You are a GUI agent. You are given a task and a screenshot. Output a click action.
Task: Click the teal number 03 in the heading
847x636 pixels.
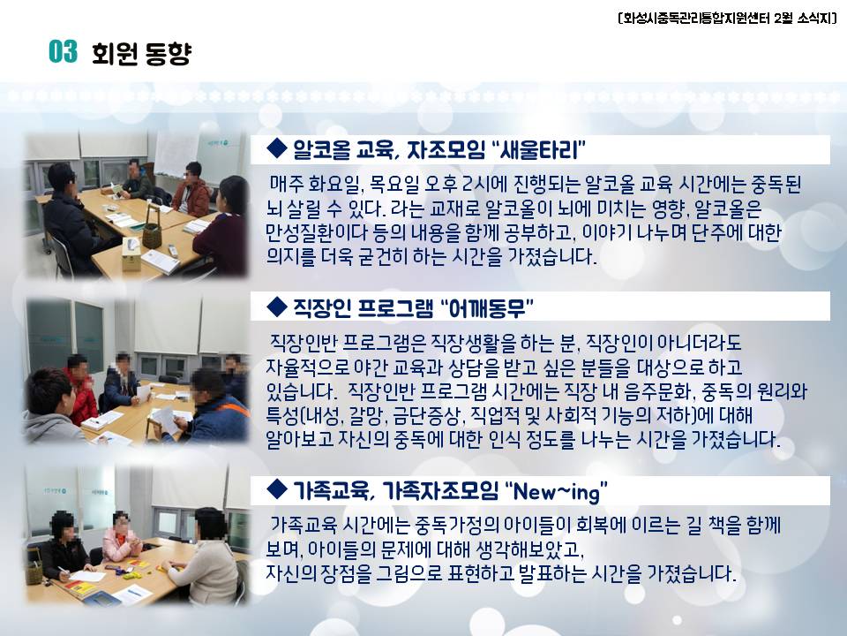pos(63,52)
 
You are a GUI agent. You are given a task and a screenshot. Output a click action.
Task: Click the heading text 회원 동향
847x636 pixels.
pos(141,53)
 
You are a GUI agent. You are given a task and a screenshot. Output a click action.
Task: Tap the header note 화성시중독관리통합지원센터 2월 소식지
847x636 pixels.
pos(727,18)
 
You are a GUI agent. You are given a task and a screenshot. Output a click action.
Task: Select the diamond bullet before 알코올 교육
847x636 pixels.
pos(277,148)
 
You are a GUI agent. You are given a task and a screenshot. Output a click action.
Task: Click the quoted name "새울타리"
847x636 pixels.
pos(537,149)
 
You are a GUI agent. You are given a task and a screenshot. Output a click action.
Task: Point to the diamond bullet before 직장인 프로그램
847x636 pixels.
pos(277,307)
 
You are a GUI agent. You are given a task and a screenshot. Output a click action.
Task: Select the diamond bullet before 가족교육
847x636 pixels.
pos(277,489)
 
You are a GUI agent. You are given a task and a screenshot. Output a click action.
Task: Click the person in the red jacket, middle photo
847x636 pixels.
pos(81,389)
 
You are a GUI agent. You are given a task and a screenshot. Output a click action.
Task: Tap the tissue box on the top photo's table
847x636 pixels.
pos(131,255)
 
